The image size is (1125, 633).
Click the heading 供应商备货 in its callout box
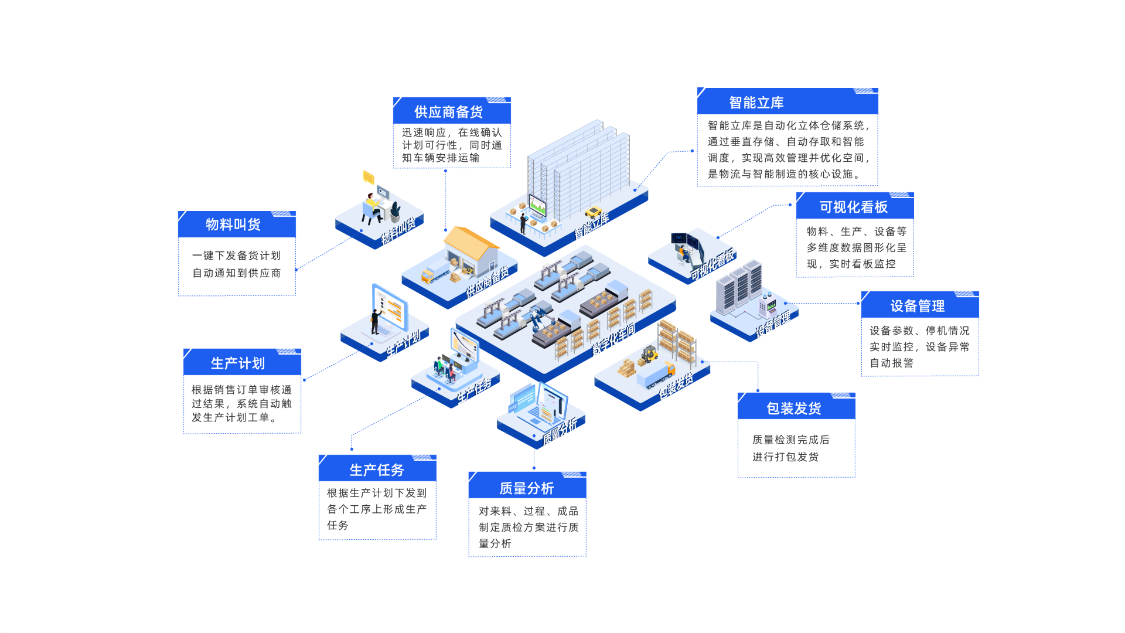pos(448,112)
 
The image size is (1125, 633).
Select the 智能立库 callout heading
pos(756,103)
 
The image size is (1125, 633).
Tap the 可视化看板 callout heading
pos(853,207)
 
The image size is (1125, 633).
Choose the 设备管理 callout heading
pos(917,306)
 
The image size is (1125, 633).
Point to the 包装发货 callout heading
pos(793,409)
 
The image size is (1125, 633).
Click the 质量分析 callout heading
pos(526,488)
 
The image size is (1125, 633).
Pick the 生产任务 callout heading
pos(377,470)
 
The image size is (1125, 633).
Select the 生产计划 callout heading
pos(238,363)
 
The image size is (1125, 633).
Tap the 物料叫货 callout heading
pos(233,224)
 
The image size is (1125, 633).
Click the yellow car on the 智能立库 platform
pos(594,212)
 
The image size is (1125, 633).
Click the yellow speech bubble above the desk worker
pos(368,176)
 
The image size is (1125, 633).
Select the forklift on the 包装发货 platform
pos(649,354)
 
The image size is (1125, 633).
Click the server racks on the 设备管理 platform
pos(739,287)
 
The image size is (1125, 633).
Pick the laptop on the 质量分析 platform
pos(536,410)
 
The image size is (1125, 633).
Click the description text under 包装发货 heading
pos(790,448)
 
